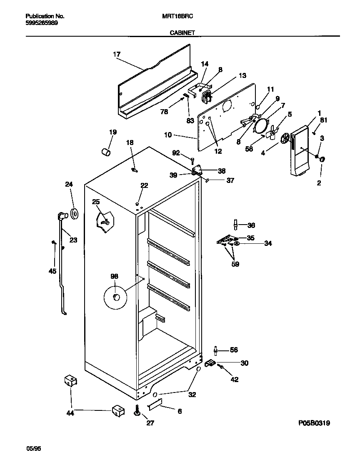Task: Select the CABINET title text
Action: [182, 32]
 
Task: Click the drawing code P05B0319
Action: [314, 423]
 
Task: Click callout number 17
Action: [116, 54]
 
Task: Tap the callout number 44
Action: [70, 413]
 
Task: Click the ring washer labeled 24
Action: [75, 214]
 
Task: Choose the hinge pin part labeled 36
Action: [236, 225]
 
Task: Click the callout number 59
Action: [235, 264]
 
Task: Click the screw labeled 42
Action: [221, 367]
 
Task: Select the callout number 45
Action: [52, 271]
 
